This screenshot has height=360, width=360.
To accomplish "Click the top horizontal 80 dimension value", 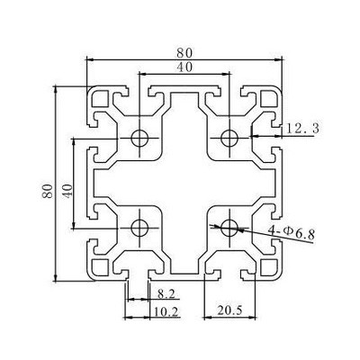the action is click(184, 52).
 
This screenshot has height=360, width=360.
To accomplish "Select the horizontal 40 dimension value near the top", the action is click(184, 67).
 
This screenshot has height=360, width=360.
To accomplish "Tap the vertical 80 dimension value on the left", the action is click(48, 191).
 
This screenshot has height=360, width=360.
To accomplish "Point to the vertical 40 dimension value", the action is click(67, 191).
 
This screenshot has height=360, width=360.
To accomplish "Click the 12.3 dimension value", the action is click(302, 129).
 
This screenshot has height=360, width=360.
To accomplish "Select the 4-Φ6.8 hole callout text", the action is click(292, 231).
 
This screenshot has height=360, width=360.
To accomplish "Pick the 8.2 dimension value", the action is click(166, 294).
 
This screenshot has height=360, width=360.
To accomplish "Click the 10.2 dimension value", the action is click(166, 312).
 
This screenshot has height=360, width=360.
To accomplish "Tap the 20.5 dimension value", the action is click(229, 310).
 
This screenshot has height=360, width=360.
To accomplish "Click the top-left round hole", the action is click(139, 138).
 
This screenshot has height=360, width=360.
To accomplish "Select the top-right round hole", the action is click(229, 138).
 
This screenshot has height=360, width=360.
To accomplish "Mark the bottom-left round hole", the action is click(139, 228).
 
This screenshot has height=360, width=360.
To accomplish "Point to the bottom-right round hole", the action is click(229, 228).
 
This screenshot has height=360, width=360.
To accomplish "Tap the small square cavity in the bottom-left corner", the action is click(100, 267).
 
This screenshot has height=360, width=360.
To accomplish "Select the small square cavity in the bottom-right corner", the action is click(269, 267).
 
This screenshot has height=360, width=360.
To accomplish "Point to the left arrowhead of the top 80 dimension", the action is click(90, 60).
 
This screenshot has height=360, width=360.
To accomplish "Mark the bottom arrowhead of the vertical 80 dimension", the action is click(55, 278).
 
